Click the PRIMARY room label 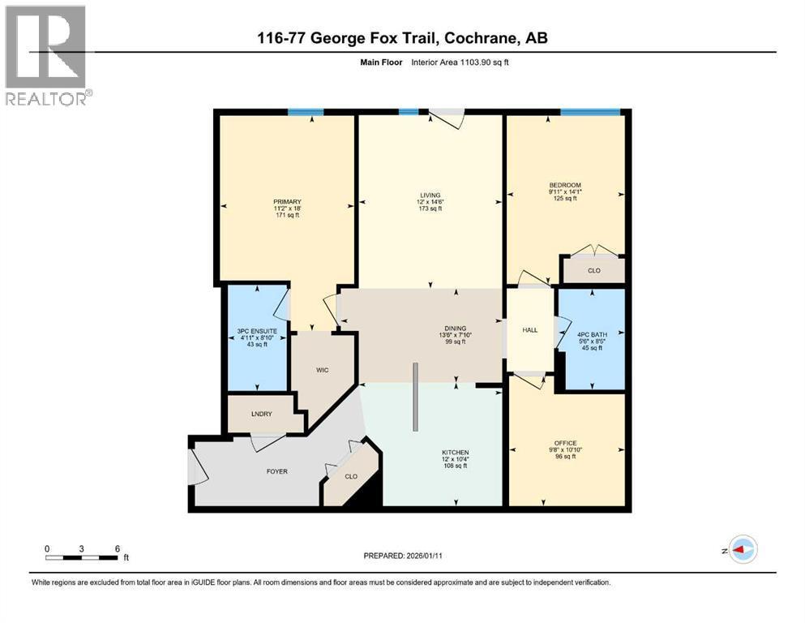point(288,202)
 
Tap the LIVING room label point(430,195)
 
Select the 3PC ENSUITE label point(257,331)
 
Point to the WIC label point(323,370)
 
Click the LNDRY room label point(262,414)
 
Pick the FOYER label point(277,471)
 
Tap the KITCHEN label point(456,453)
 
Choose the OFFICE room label point(565,443)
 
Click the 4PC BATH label point(592,334)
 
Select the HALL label point(530,329)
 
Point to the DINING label point(456,329)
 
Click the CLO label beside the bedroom point(594,270)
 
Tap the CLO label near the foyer point(351,476)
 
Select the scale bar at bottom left point(83,557)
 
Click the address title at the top point(402,38)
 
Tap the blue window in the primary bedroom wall point(306,112)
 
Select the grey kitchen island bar point(415,397)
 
